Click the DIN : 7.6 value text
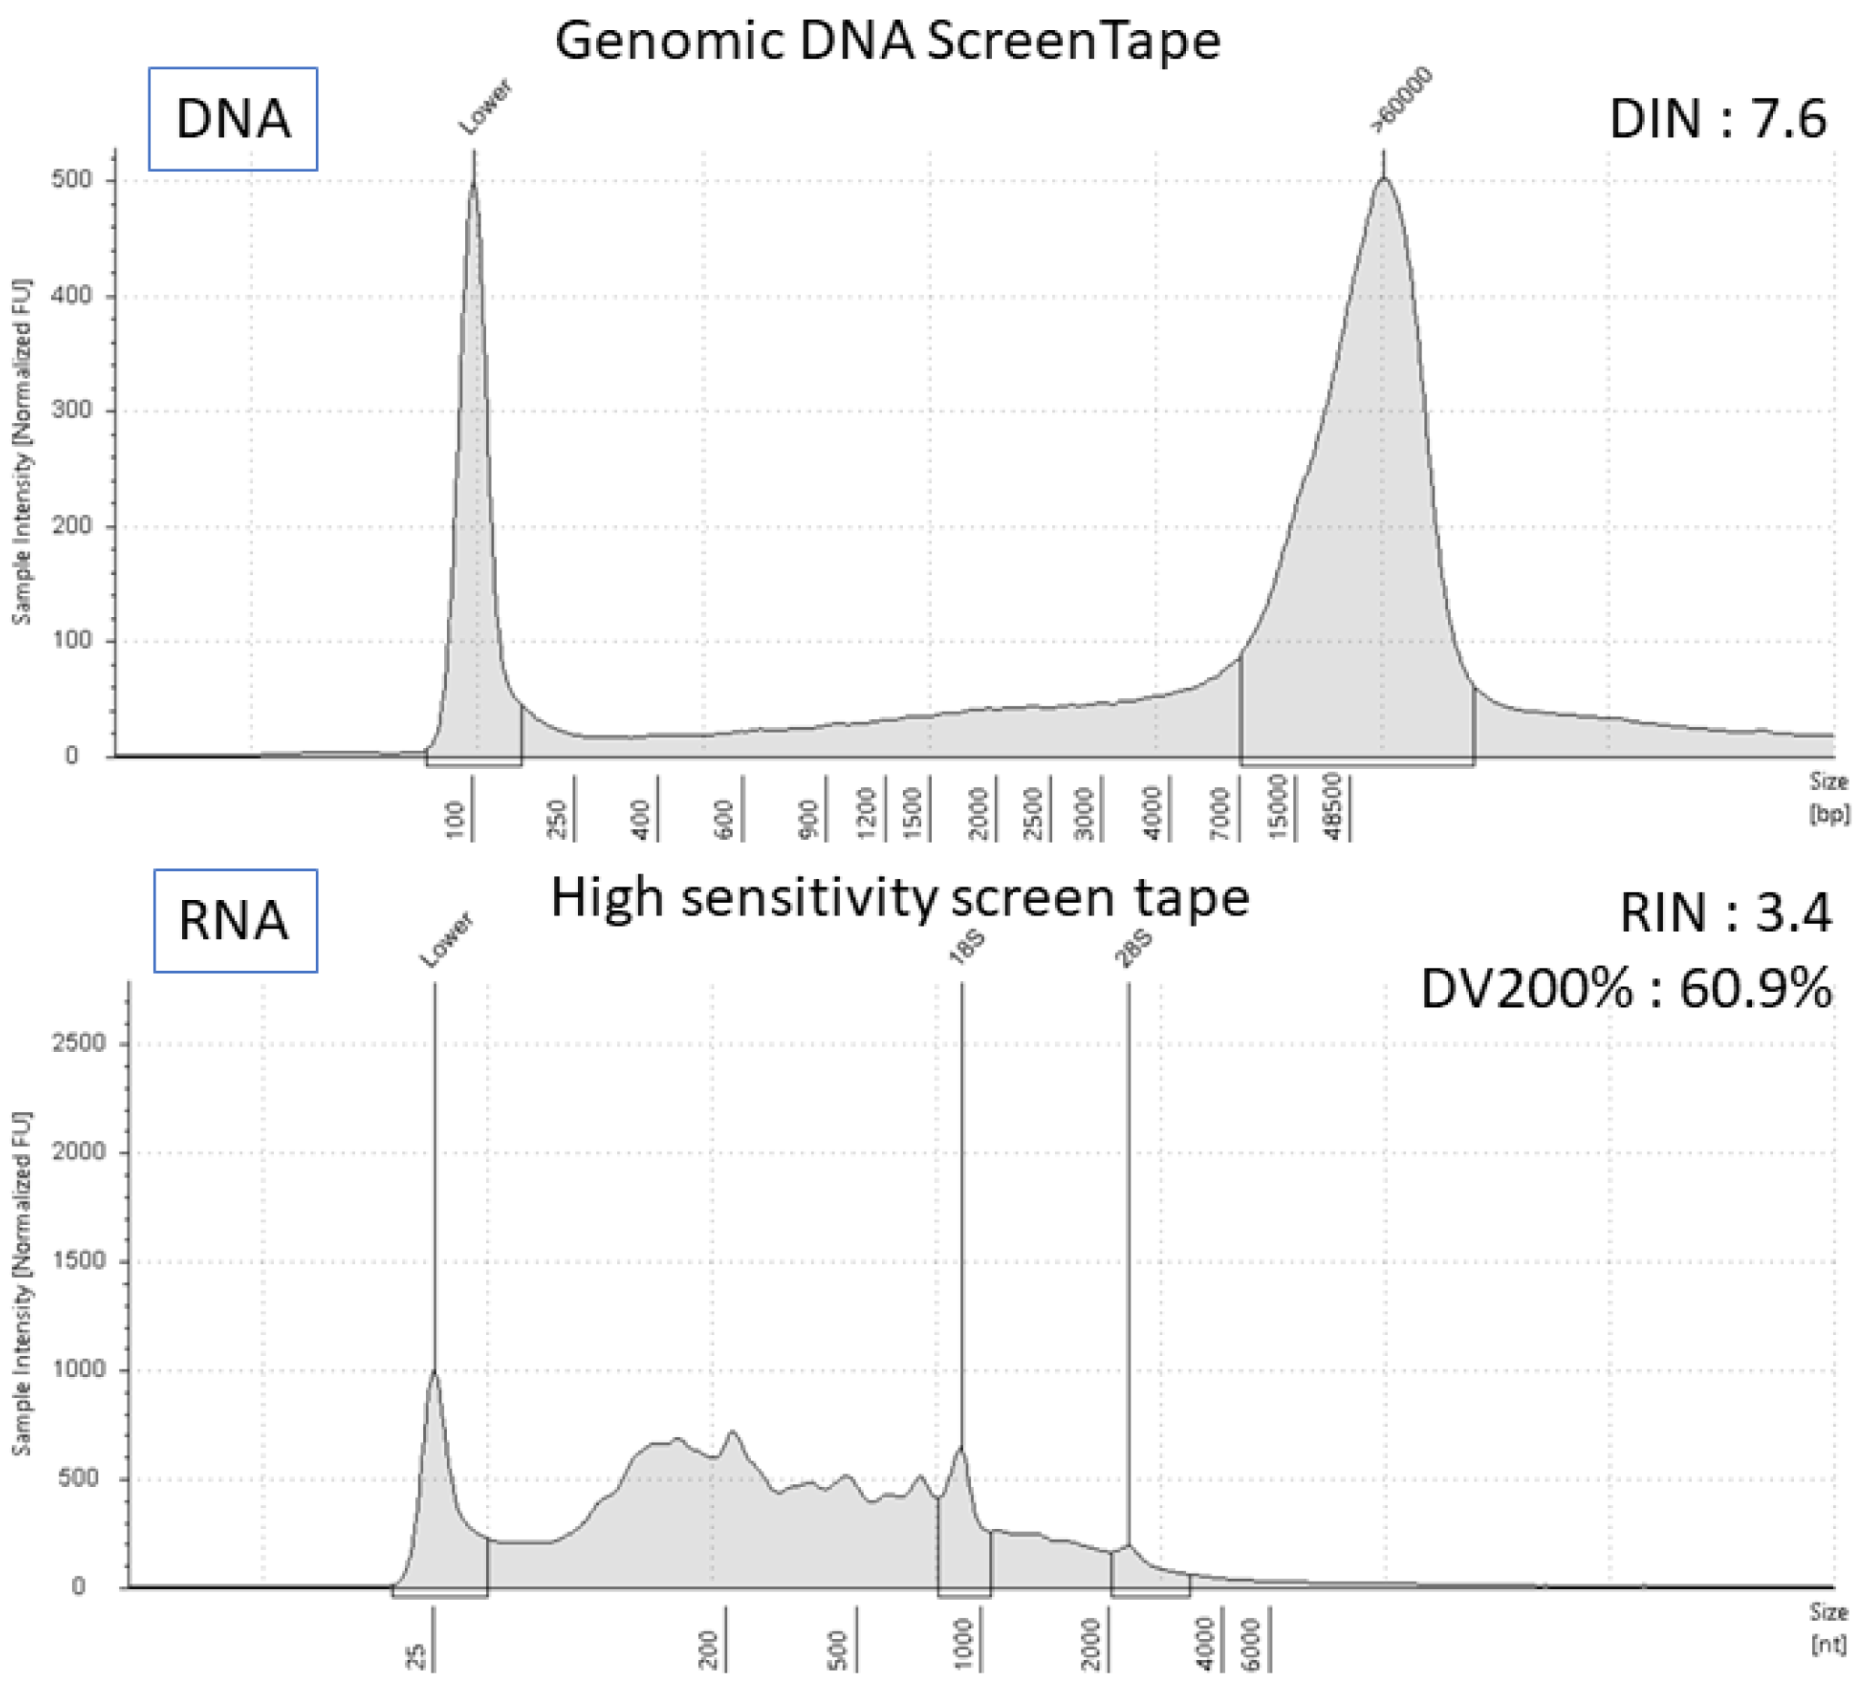click(1717, 120)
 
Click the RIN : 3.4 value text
click(1726, 914)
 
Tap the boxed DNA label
click(233, 119)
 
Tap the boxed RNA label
click(235, 921)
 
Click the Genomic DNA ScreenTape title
click(887, 42)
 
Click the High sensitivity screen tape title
click(899, 897)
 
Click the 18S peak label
click(967, 948)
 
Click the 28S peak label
click(1133, 948)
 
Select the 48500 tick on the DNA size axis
click(1334, 807)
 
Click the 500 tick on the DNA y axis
click(72, 179)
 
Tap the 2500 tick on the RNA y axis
click(79, 1043)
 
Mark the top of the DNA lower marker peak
click(473, 185)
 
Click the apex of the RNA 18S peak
click(960, 1450)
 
